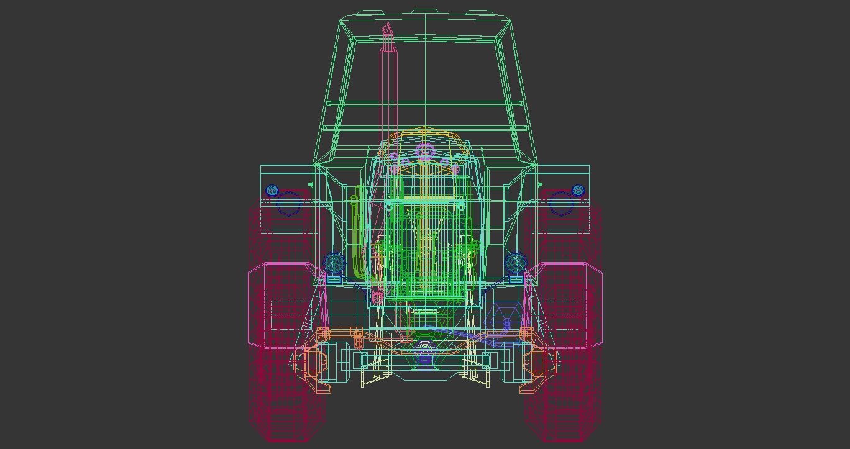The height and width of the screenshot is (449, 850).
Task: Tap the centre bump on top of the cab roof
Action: [x=425, y=11]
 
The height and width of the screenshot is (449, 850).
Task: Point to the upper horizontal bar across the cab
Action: [x=425, y=102]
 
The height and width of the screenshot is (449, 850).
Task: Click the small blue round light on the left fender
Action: [x=271, y=190]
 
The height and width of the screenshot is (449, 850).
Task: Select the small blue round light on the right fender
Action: [x=578, y=190]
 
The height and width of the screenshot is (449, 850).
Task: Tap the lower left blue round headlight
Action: [x=334, y=263]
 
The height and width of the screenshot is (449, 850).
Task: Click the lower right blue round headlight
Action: [x=516, y=263]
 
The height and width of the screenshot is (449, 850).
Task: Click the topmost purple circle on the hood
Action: [x=426, y=150]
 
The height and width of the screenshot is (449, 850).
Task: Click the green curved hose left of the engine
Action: [x=355, y=236]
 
